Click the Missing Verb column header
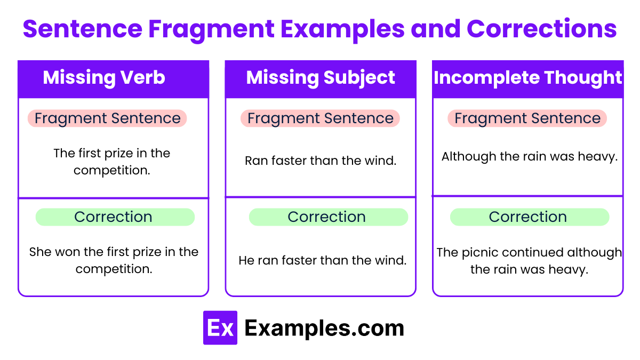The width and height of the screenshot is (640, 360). (104, 78)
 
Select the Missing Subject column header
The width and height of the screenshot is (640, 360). (321, 78)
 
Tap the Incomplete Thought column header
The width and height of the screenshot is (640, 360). (527, 78)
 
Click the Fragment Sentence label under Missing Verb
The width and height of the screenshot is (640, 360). (107, 118)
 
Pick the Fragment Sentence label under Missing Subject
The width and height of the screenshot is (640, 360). (320, 118)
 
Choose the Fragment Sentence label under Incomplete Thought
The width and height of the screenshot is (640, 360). (527, 118)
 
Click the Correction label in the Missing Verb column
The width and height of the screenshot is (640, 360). (114, 217)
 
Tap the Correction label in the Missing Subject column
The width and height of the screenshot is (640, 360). (327, 217)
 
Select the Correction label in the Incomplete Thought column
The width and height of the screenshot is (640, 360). (528, 217)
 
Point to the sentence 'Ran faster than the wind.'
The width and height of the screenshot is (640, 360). (321, 161)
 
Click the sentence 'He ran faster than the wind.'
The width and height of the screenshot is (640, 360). (322, 260)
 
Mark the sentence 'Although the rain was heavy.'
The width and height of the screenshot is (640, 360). (529, 157)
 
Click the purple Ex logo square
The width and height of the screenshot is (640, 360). (220, 328)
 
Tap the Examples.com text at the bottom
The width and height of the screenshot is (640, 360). (324, 328)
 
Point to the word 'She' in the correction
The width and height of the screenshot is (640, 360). (40, 252)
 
